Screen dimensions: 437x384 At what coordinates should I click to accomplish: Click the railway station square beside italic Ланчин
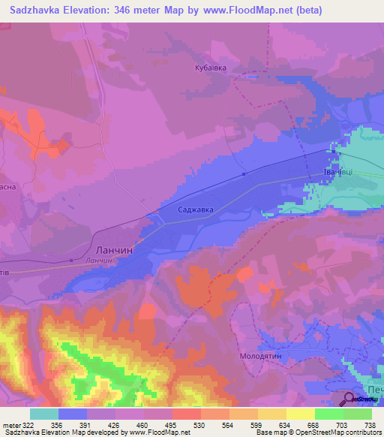[x=71, y=261]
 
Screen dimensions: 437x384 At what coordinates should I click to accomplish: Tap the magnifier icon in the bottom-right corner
[x=350, y=399]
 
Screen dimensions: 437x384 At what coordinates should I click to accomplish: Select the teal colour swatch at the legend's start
[x=43, y=414]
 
